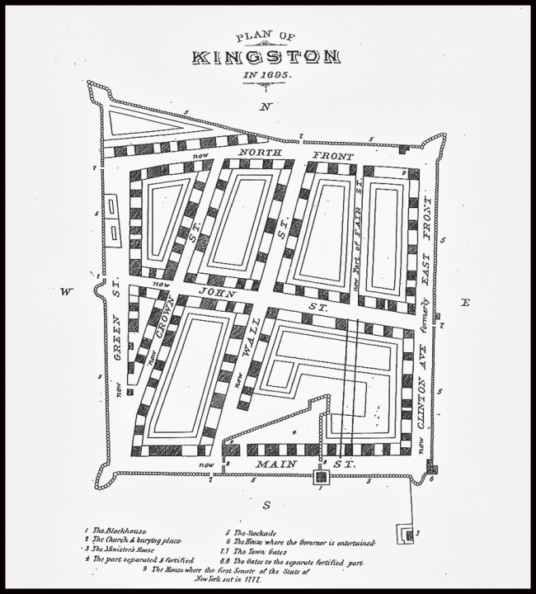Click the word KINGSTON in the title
pos(266,57)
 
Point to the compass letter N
pos(265,107)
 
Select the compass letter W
pos(64,290)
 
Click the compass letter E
pos(464,303)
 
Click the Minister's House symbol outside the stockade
pos(405,535)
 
